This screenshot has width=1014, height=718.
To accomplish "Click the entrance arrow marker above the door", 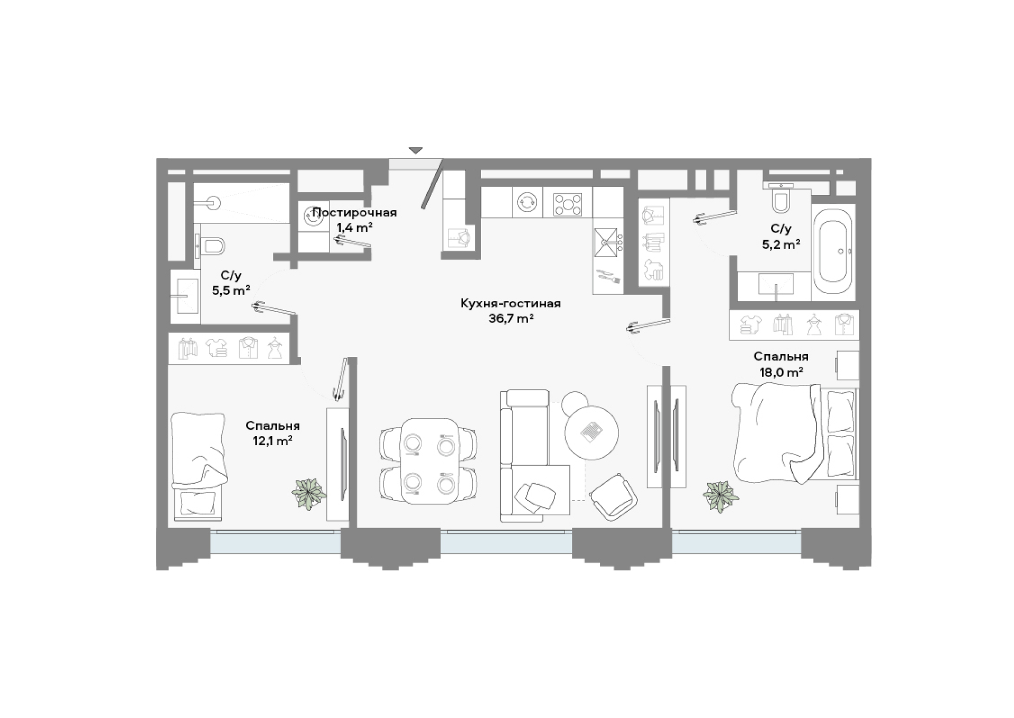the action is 416,150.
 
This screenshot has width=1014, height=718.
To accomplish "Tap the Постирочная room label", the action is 354,213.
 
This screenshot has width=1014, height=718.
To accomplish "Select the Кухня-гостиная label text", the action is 511,304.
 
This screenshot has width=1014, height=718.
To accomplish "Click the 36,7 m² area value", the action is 511,318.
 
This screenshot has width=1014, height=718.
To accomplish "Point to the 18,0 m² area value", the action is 781,372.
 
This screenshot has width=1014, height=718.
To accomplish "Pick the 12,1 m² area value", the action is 273,440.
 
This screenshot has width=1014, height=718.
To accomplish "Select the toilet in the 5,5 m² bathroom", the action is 210,246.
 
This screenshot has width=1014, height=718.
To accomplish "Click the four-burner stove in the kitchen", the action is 567,205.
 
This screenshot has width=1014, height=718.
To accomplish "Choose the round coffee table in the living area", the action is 591,432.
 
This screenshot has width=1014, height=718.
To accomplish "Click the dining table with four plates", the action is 429,461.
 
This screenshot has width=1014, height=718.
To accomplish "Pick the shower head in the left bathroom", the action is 213,203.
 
